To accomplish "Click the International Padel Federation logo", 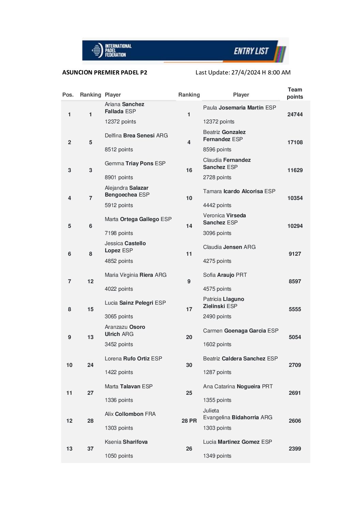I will point(111,50).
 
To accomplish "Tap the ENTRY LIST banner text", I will point(251,51).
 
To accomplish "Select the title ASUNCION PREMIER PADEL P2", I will point(105,72).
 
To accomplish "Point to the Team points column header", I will point(295,93).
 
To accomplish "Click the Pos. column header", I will point(68,95).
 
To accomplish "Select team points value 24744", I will point(295,115).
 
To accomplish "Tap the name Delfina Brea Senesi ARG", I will point(136,136).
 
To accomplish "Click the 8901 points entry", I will point(119,177).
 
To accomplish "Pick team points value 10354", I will point(295,198).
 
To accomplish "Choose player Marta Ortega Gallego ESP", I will point(138,219).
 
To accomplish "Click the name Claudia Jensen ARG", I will point(229,247).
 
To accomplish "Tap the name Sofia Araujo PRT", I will point(225,275).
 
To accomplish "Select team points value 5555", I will point(295,309).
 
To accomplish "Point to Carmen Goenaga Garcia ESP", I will point(241,331).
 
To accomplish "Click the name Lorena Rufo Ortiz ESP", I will point(133,359).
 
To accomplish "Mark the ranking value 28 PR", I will point(189,421).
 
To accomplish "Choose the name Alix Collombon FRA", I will point(130,414).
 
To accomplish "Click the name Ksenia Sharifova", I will point(126,442).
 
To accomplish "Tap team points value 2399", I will point(295,449).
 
